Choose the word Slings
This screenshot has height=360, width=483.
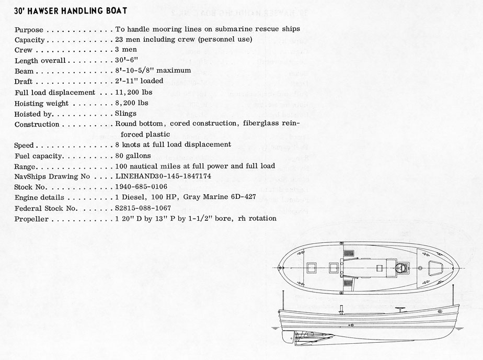pyautogui.click(x=126, y=113)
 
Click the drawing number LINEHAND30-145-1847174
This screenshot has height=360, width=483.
pyautogui.click(x=164, y=177)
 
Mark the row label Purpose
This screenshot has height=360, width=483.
pyautogui.click(x=29, y=29)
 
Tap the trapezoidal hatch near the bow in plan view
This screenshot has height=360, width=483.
pyautogui.click(x=434, y=268)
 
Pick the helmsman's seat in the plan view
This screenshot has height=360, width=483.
pyautogui.click(x=401, y=268)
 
